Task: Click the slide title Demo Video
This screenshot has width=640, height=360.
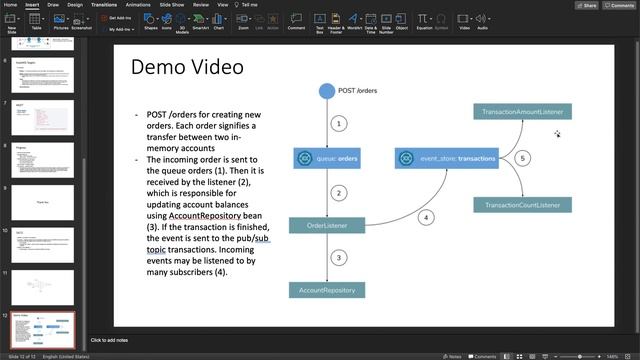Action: tap(187, 69)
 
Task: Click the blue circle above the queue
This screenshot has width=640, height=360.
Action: tap(326, 92)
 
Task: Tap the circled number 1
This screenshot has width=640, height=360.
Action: tap(339, 124)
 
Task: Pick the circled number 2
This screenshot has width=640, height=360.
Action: tap(339, 192)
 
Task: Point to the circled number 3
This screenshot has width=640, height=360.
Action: tap(339, 258)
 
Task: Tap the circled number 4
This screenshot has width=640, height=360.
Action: tap(425, 217)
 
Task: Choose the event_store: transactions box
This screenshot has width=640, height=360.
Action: tap(446, 158)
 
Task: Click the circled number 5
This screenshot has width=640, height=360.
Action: tap(523, 158)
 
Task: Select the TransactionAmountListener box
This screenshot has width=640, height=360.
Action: tap(523, 112)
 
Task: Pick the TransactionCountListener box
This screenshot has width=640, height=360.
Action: tap(523, 205)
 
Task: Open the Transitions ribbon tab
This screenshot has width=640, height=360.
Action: tap(104, 4)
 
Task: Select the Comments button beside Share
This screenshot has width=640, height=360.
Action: tap(620, 5)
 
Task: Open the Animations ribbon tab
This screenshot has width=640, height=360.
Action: tap(139, 4)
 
